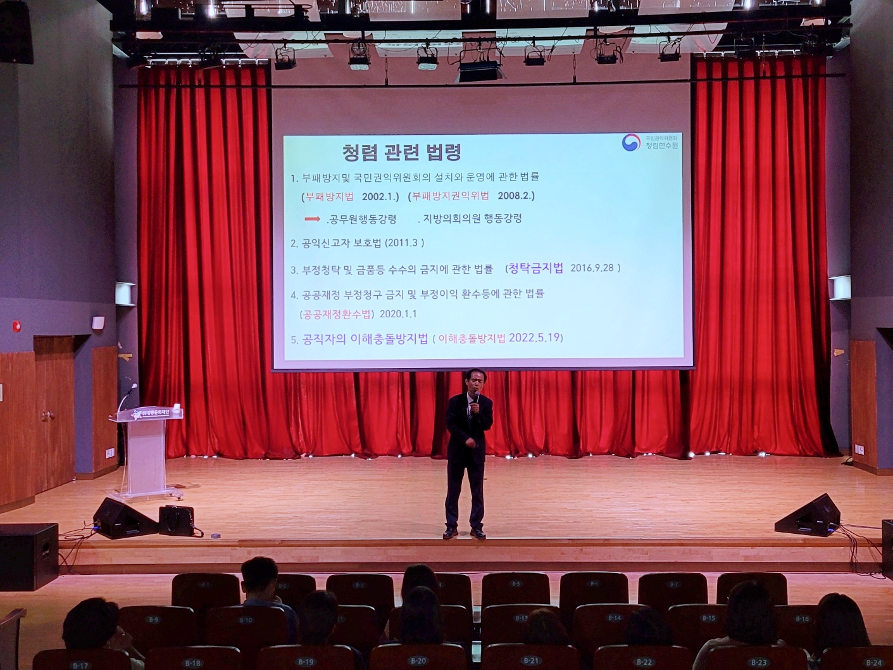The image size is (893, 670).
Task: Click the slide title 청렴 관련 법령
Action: pos(401,152)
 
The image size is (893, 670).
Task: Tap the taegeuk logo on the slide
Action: pos(630,143)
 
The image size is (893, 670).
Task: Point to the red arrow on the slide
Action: pos(312,219)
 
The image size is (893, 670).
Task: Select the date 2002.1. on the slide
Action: pos(380,196)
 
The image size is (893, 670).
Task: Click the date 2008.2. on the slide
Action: pos(516,196)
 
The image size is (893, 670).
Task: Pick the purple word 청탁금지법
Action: pos(535,268)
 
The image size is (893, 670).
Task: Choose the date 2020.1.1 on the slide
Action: pos(398,314)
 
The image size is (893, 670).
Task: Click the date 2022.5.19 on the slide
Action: pos(535,338)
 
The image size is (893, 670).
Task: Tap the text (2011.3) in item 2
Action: pos(405,243)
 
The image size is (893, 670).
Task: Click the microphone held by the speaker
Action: pos(476,398)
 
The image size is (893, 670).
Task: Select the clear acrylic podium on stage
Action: pos(145,450)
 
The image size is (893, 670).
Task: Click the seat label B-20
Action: pos(418,661)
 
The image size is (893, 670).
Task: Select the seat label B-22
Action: pos(644,662)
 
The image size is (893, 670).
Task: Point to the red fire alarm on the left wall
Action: pos(17,327)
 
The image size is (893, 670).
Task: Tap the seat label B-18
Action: pos(192,663)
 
